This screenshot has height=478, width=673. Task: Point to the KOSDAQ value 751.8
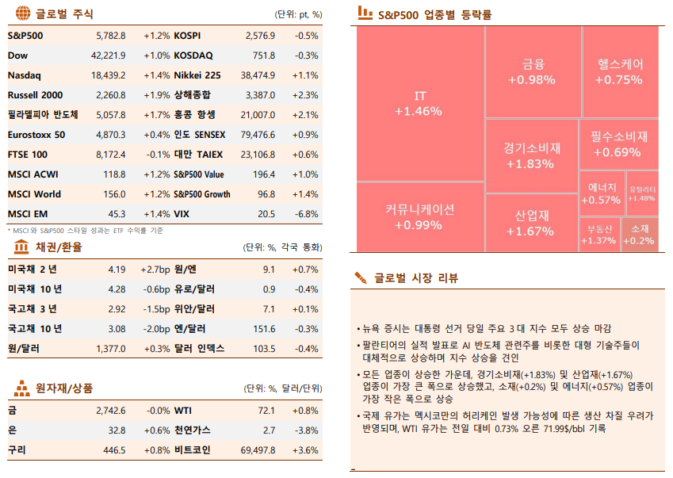point(263,55)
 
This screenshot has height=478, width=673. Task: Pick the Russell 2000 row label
point(35,95)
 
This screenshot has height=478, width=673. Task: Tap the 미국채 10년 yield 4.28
point(117,289)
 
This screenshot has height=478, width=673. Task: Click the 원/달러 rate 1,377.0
point(110,349)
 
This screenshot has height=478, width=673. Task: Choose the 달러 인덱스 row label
point(199,349)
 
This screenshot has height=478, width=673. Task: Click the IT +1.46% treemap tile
point(420,103)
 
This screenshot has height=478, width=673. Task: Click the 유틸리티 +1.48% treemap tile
point(642,193)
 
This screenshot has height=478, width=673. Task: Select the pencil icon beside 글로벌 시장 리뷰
point(361,277)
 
